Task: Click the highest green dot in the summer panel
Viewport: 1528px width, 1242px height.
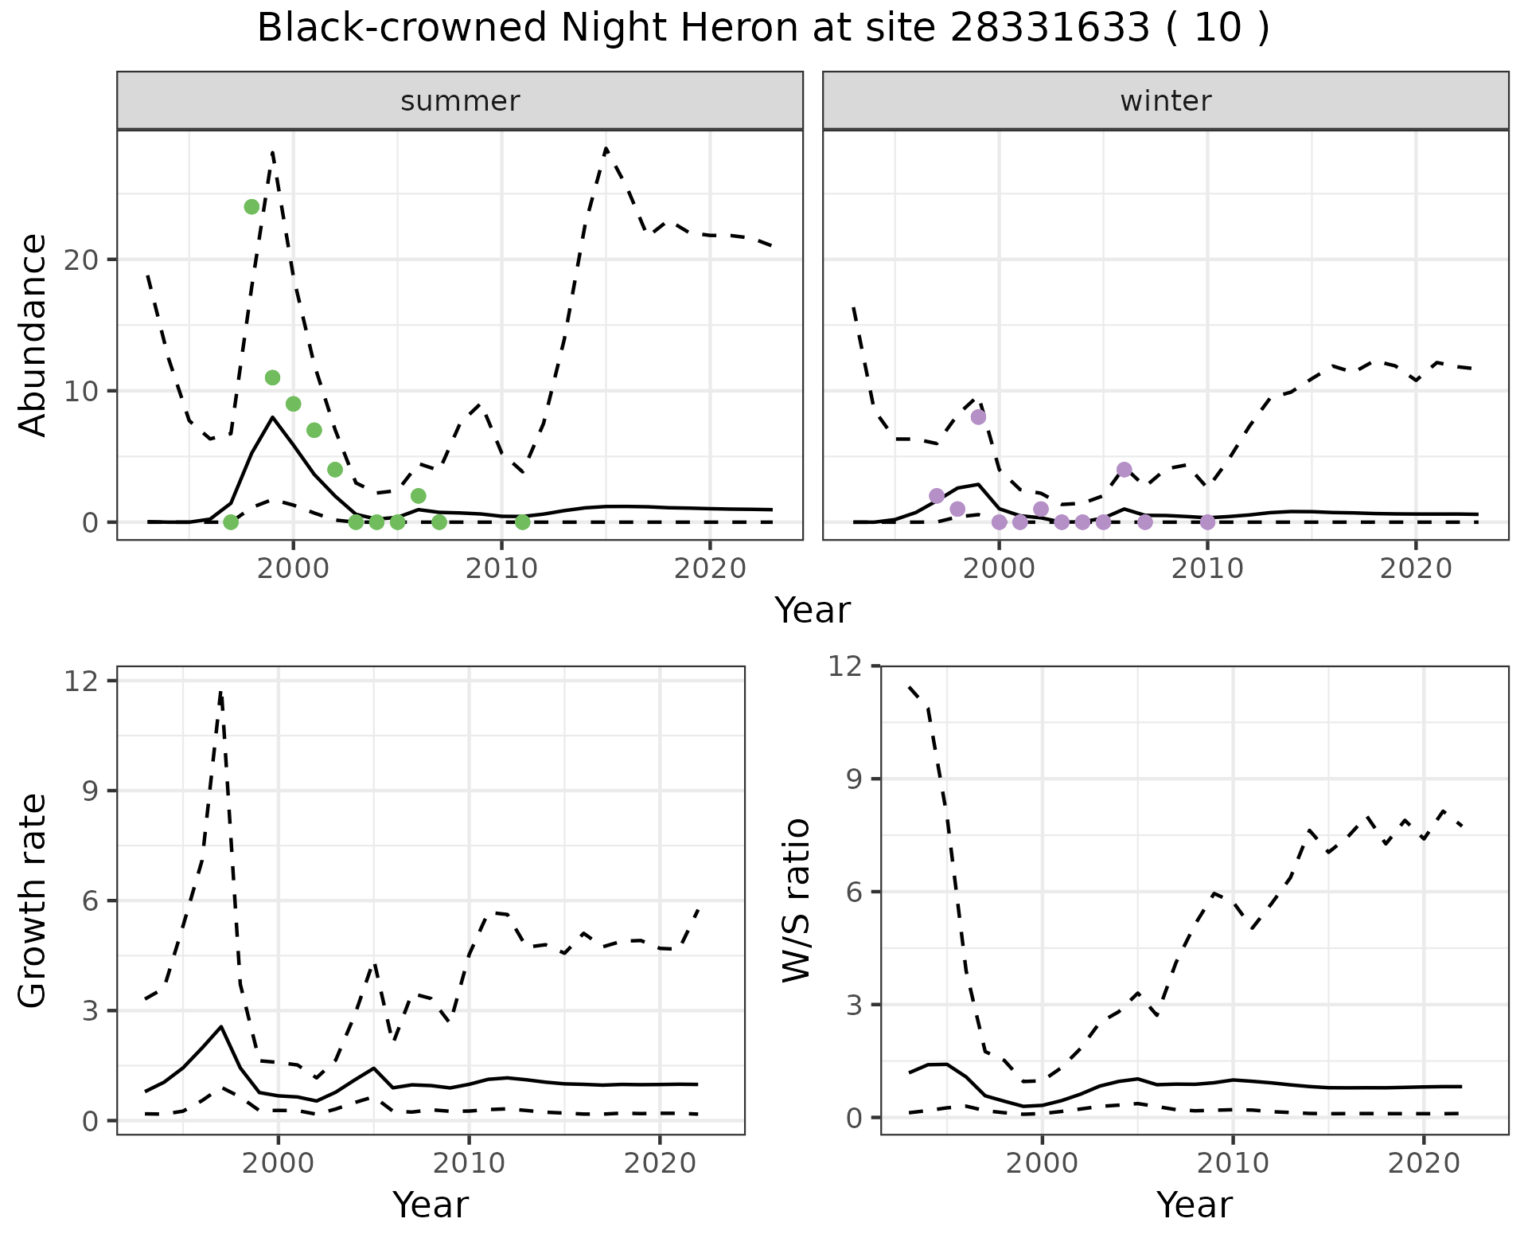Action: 251,207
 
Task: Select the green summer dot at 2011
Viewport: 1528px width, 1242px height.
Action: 522,522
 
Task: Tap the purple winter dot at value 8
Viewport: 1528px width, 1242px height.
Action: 978,417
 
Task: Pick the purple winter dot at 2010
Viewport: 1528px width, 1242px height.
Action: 1207,522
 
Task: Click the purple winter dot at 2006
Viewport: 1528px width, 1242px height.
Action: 1124,470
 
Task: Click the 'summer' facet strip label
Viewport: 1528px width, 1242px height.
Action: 460,101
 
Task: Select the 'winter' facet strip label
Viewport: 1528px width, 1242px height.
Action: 1165,101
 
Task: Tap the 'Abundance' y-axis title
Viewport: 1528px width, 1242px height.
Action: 33,334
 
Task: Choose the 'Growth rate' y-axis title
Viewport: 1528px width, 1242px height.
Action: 33,901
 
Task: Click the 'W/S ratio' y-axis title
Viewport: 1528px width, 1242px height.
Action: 796,900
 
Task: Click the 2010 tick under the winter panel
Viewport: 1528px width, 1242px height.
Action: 1207,568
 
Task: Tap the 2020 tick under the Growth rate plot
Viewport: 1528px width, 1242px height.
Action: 660,1163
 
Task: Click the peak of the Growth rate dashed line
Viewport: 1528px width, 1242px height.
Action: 220,692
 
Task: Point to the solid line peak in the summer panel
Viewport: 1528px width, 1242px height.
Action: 272,417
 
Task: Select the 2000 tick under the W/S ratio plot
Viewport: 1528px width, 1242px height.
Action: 1042,1163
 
